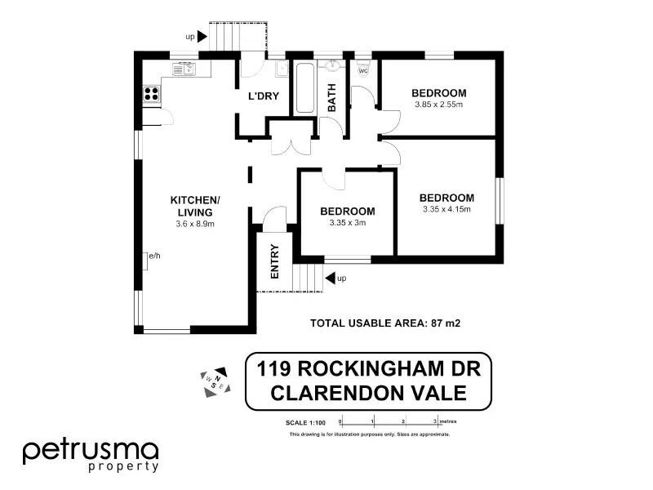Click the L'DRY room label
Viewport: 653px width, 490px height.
point(264,96)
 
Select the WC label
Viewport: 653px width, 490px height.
point(363,70)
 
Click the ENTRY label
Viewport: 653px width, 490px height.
point(274,262)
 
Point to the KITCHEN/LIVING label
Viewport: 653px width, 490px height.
point(194,207)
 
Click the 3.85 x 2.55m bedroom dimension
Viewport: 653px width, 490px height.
point(438,105)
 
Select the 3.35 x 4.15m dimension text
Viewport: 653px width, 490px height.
point(446,210)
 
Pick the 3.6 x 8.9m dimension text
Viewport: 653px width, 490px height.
point(194,224)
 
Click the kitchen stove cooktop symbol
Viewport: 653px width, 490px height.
point(151,94)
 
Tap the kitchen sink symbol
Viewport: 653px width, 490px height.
point(184,69)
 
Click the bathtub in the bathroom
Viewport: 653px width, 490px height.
point(304,88)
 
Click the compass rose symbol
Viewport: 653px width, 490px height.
point(214,380)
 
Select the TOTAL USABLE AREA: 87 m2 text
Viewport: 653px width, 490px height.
point(385,323)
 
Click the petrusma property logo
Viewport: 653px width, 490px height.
point(90,453)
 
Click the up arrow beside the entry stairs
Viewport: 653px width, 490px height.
point(331,278)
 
